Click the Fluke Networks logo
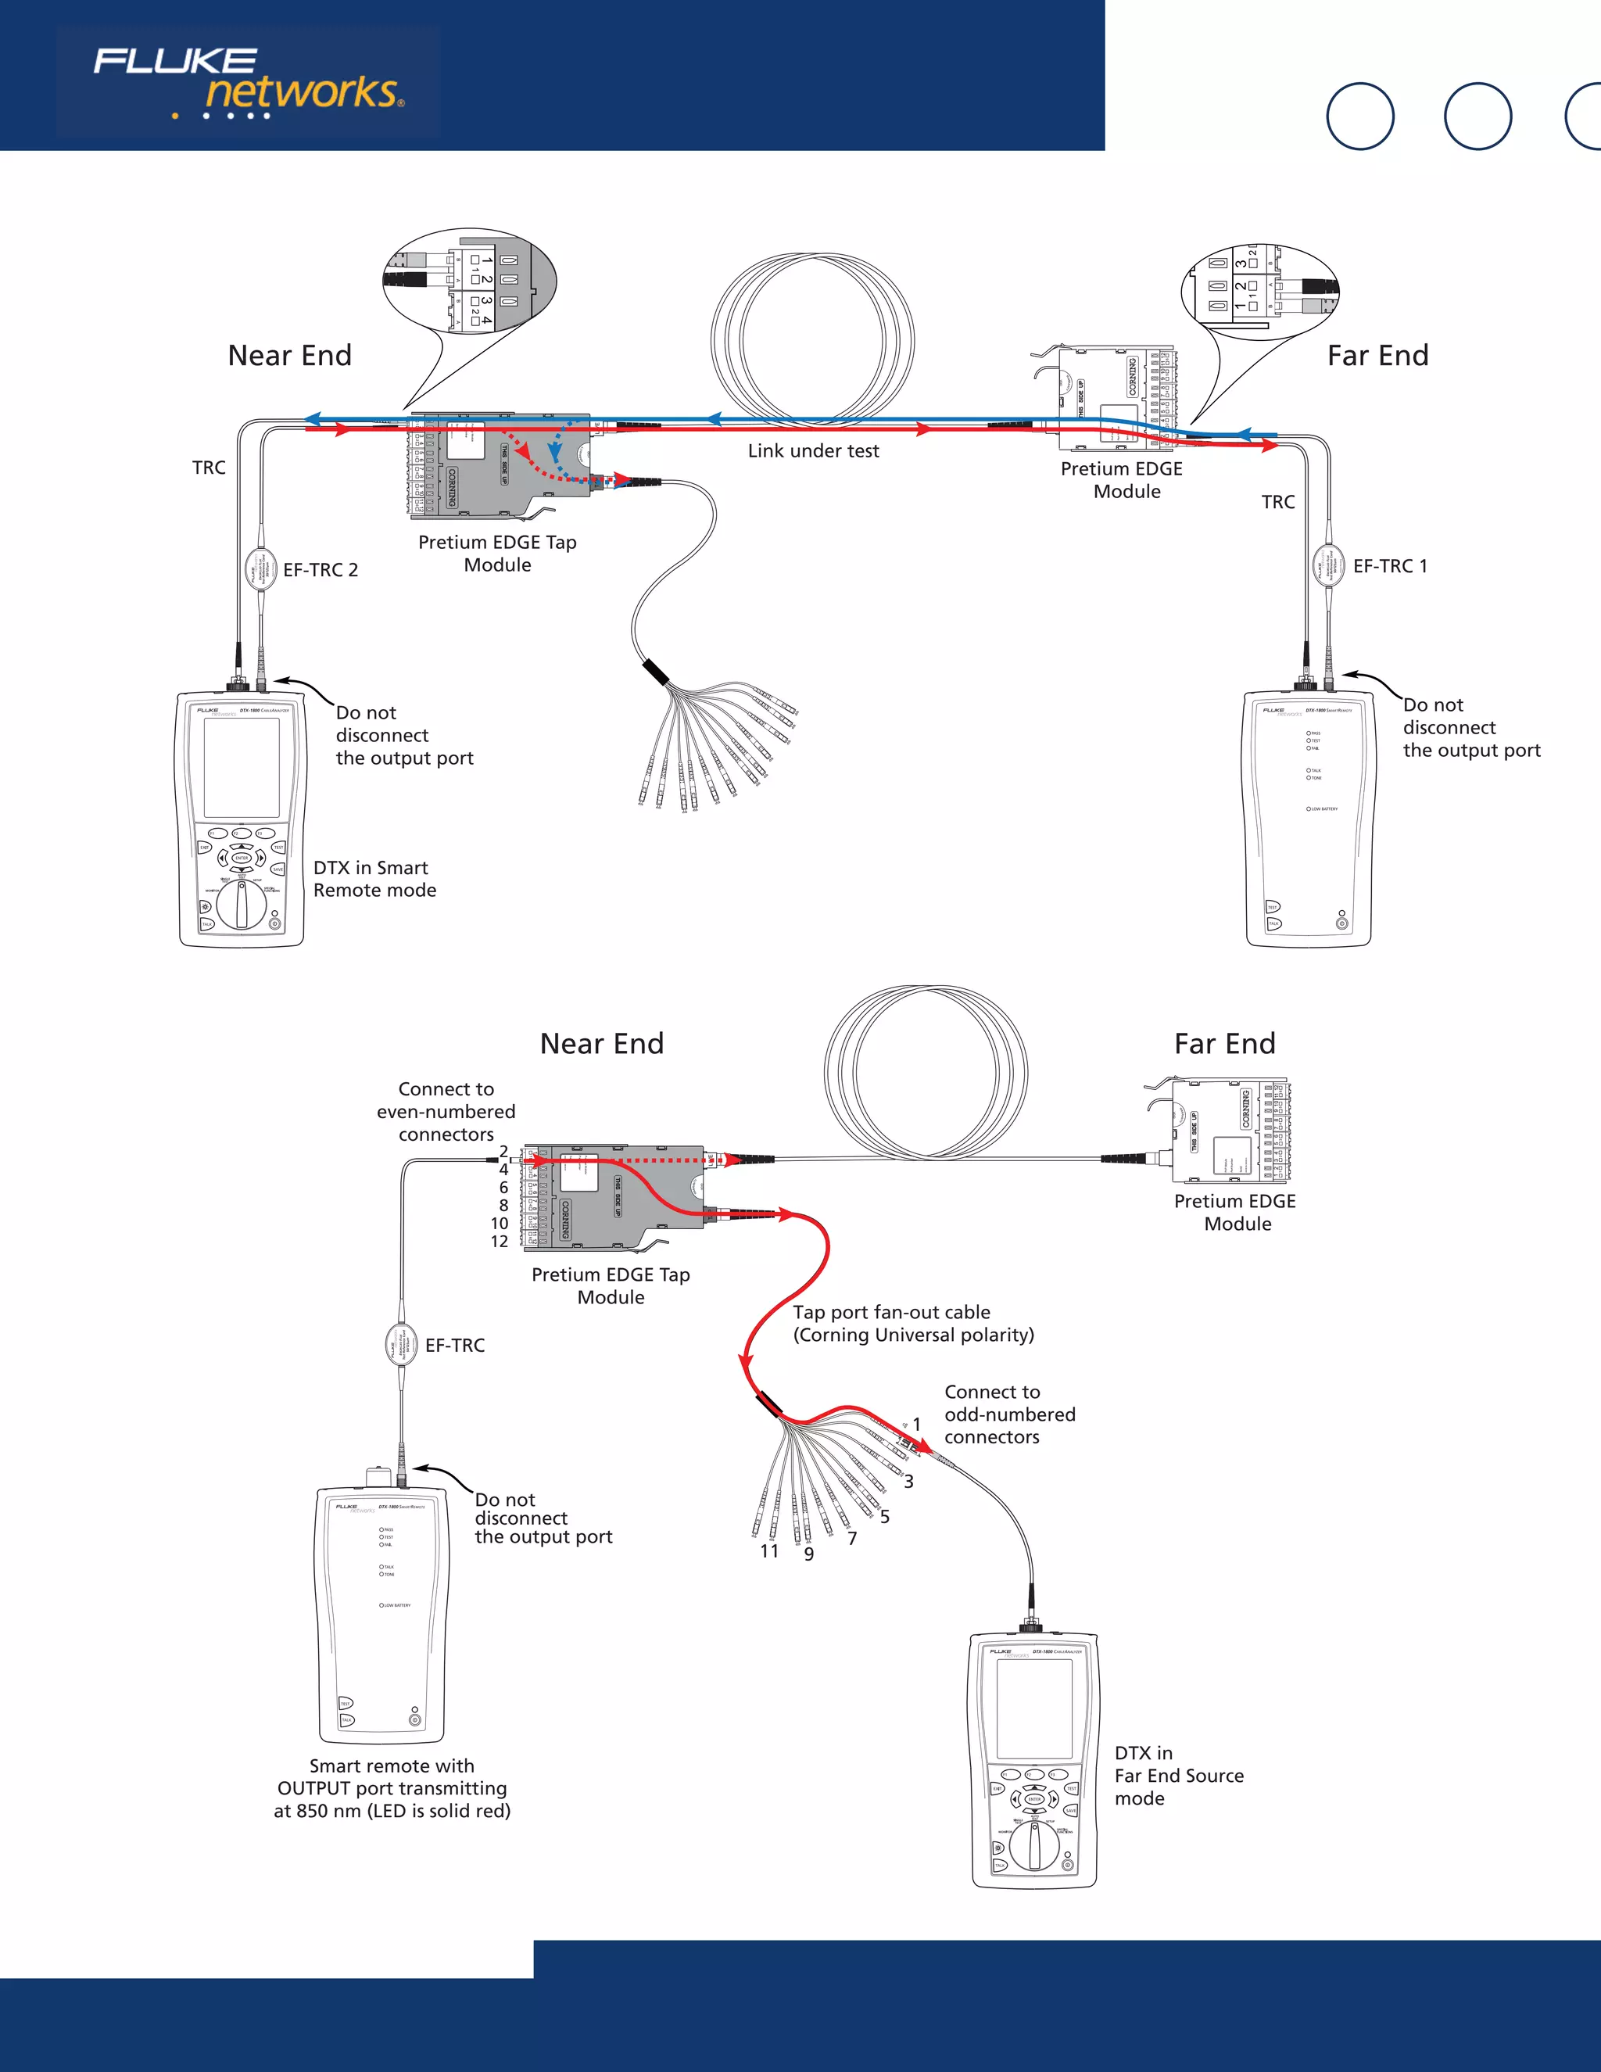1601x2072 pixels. (248, 84)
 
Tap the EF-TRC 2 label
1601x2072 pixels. (320, 570)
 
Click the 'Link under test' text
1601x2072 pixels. (813, 452)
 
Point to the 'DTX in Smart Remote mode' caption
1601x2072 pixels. (374, 880)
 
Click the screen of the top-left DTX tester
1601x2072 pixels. (242, 768)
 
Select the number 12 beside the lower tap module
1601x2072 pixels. (499, 1242)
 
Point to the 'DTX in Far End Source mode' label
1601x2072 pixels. (1178, 1776)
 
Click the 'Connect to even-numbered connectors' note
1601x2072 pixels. (446, 1112)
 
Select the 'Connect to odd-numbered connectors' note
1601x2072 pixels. (1009, 1414)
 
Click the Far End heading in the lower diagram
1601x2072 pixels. (1224, 1045)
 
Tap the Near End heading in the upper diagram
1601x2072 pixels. (289, 356)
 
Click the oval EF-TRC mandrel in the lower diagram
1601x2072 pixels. (400, 1344)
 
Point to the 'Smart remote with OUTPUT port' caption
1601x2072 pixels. (392, 1788)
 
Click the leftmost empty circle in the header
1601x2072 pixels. (1359, 117)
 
